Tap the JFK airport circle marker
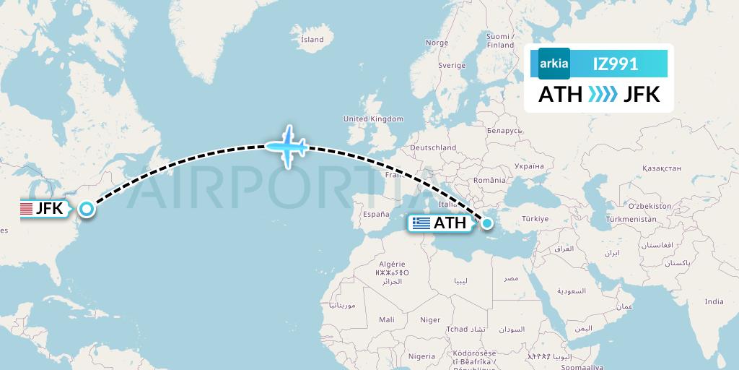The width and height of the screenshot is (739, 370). pyautogui.click(x=87, y=210)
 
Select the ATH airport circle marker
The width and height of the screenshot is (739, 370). pyautogui.click(x=487, y=223)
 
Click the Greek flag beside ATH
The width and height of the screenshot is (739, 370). pyautogui.click(x=420, y=223)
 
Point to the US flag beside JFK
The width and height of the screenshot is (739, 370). pyautogui.click(x=26, y=210)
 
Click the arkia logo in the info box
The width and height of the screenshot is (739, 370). pyautogui.click(x=554, y=64)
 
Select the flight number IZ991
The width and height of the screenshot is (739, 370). pyautogui.click(x=615, y=64)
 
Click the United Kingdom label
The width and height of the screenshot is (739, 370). pyautogui.click(x=373, y=119)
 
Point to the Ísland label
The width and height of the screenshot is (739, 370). pyautogui.click(x=312, y=39)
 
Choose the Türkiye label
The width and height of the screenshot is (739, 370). pyautogui.click(x=535, y=218)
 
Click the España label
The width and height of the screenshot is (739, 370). pyautogui.click(x=376, y=214)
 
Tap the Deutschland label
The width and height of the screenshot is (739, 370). pyautogui.click(x=433, y=147)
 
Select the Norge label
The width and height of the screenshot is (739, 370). pyautogui.click(x=437, y=43)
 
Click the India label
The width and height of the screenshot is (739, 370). pyautogui.click(x=714, y=301)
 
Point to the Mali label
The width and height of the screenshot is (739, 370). pyautogui.click(x=386, y=319)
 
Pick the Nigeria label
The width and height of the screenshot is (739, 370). pyautogui.click(x=421, y=356)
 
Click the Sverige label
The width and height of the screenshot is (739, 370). pyautogui.click(x=452, y=65)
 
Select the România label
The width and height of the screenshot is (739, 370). pyautogui.click(x=491, y=179)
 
